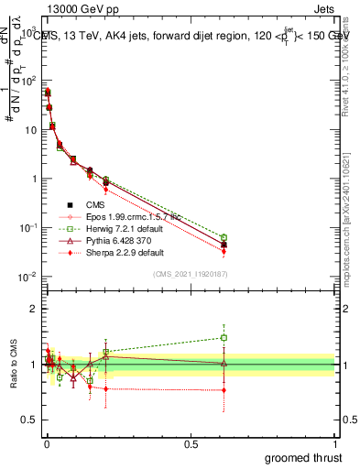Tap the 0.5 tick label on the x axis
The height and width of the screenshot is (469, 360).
[191, 443]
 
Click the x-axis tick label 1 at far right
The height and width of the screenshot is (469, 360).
[335, 443]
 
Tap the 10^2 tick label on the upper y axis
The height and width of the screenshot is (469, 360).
[27, 81]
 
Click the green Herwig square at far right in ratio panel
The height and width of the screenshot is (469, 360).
[224, 337]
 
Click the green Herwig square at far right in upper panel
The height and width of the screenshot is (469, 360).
[224, 238]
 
